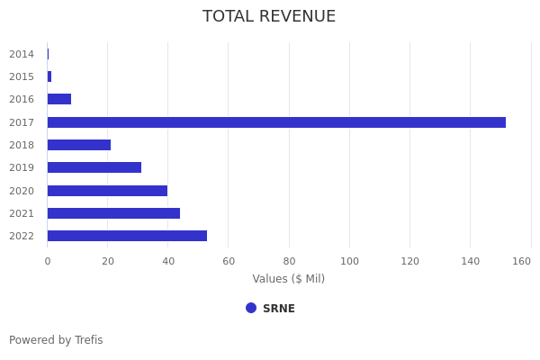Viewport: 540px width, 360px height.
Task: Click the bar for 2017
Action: click(x=276, y=122)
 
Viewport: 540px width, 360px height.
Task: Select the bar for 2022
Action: click(x=127, y=236)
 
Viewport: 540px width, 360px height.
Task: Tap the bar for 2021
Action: click(x=113, y=213)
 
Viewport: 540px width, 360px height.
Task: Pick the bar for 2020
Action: click(x=107, y=191)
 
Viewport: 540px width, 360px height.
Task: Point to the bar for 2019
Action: click(x=94, y=167)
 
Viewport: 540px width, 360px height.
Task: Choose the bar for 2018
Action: click(x=79, y=145)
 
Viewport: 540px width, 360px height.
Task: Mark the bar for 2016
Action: click(x=59, y=99)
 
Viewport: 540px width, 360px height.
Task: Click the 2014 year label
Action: click(x=22, y=54)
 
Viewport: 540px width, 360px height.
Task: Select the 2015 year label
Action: click(x=22, y=76)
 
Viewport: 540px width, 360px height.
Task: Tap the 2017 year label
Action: click(x=22, y=122)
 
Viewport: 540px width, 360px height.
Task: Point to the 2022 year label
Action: click(x=22, y=236)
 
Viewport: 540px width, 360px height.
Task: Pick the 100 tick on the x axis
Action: click(x=349, y=261)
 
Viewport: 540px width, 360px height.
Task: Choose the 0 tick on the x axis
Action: click(x=48, y=261)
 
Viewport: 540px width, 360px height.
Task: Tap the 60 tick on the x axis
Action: click(x=229, y=261)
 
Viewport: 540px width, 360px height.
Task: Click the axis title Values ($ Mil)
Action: click(x=288, y=279)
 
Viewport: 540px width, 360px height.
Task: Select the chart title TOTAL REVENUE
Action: click(x=269, y=16)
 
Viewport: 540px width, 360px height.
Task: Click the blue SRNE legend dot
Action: click(x=251, y=308)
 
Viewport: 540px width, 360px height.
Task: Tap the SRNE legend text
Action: click(x=279, y=309)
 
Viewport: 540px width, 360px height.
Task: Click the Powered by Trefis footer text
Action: click(x=56, y=340)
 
